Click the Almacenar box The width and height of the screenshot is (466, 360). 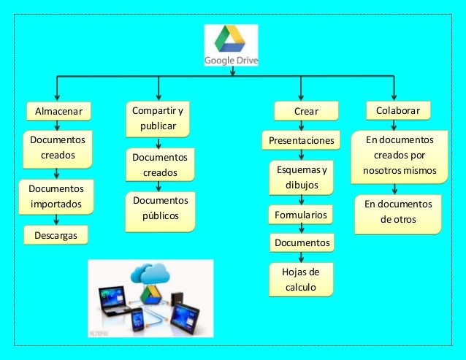(58, 111)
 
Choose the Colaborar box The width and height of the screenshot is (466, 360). (397, 110)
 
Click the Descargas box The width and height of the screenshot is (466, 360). (56, 235)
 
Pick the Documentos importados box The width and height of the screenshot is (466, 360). (56, 196)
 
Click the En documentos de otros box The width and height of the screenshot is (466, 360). (398, 212)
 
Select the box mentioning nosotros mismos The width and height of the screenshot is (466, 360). (399, 156)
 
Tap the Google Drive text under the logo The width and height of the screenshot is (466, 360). (231, 61)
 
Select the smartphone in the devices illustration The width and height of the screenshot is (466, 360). (137, 320)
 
